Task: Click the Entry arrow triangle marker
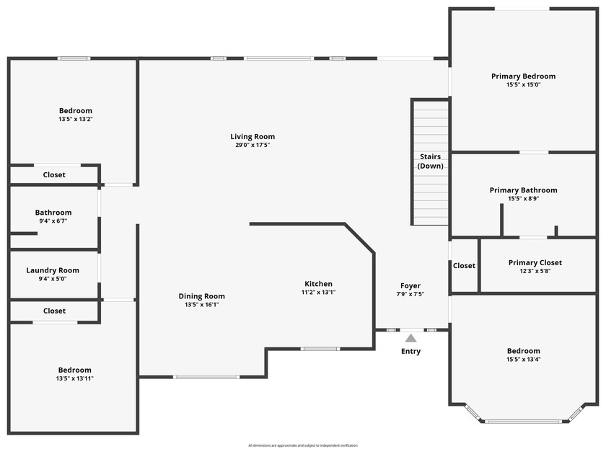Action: tap(410, 337)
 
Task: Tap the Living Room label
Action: tap(252, 137)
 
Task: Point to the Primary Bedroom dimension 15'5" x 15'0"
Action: tap(523, 85)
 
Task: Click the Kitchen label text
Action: tap(318, 284)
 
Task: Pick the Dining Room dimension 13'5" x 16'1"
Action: tap(202, 305)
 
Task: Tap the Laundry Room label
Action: tap(53, 270)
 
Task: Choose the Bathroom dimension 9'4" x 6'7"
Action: tap(53, 222)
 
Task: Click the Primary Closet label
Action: tap(535, 263)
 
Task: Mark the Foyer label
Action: tap(410, 286)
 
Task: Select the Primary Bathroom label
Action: tap(523, 190)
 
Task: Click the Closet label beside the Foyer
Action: tap(464, 266)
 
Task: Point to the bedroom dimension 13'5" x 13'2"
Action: tap(76, 120)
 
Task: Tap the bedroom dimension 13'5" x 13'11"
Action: tap(74, 378)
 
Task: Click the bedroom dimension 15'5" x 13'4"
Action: tap(523, 360)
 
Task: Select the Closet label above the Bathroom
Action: tap(54, 175)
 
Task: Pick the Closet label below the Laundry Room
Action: tap(54, 311)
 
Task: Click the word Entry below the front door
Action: tap(410, 352)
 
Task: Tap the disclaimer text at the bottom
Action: tap(303, 445)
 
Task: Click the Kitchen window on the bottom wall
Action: tap(320, 350)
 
